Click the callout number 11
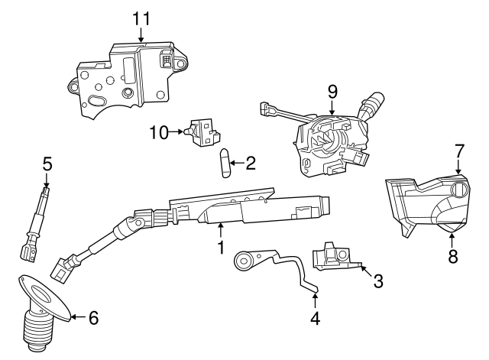pyautogui.click(x=141, y=17)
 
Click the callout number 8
pyautogui.click(x=452, y=257)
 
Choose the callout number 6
pyautogui.click(x=93, y=318)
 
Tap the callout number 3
pyautogui.click(x=377, y=281)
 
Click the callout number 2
pyautogui.click(x=249, y=163)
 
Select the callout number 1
pyautogui.click(x=220, y=248)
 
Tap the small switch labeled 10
pyautogui.click(x=204, y=131)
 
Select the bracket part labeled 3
pyautogui.click(x=334, y=256)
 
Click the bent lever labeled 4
pyautogui.click(x=275, y=266)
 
